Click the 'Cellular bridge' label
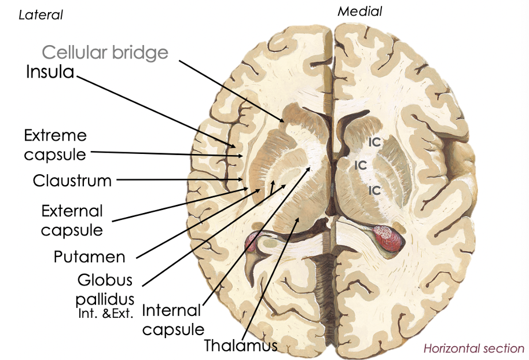point(105,53)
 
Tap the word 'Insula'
point(50,72)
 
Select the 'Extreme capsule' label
point(55,145)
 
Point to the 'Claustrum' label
point(72,181)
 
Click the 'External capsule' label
point(72,220)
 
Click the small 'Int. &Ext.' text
point(106,315)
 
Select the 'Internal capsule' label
point(173,319)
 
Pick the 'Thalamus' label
point(241,346)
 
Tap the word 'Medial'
point(360,11)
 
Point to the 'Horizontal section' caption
point(473,348)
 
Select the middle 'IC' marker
point(361,165)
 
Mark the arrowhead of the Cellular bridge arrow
point(283,121)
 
